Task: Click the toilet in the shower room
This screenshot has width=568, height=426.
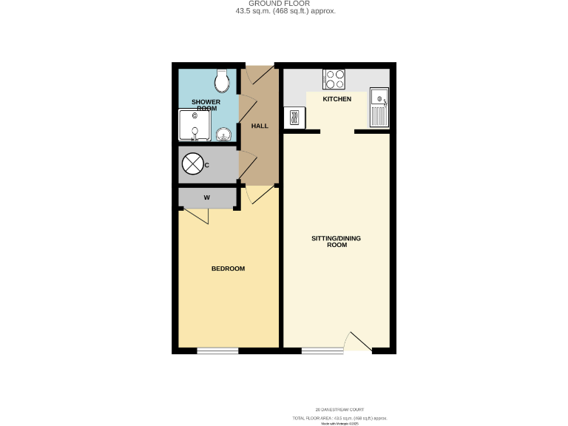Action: [x=220, y=78]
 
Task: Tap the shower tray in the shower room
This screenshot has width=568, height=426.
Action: [x=195, y=125]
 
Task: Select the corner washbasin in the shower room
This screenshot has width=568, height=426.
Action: [x=224, y=133]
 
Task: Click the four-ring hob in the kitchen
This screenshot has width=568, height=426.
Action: [x=333, y=78]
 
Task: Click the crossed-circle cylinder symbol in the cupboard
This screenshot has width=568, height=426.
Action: [x=192, y=164]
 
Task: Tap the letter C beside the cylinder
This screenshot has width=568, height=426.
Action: [x=207, y=165]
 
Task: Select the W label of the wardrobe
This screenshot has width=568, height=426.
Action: [x=207, y=197]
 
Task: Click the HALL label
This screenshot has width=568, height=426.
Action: [x=260, y=126]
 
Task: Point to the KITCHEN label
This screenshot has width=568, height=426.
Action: [x=337, y=98]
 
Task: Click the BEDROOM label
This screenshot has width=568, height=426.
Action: [x=228, y=268]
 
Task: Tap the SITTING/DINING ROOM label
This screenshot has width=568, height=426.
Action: [x=337, y=241]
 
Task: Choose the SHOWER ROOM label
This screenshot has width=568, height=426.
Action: [x=207, y=104]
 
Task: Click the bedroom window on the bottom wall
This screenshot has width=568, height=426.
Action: [x=217, y=350]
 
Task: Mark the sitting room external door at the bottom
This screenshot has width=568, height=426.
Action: [x=359, y=342]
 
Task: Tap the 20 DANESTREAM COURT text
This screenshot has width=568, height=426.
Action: [x=339, y=409]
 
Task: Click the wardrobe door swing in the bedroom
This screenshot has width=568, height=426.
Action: [x=196, y=217]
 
